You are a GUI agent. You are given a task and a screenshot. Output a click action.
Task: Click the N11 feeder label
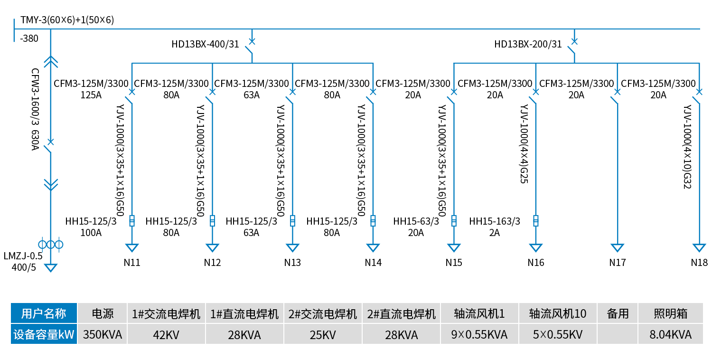(x=132, y=262)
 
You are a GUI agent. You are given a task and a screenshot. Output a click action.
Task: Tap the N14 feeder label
(x=373, y=262)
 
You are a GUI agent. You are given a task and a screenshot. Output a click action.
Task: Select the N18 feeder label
(x=699, y=262)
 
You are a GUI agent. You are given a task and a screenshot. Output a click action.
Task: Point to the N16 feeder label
(x=536, y=262)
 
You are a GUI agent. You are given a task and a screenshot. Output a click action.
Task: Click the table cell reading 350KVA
(x=103, y=335)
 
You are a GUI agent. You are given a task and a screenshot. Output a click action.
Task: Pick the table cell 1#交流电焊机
(x=166, y=314)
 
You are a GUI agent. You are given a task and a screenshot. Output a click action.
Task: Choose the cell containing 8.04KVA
(x=671, y=335)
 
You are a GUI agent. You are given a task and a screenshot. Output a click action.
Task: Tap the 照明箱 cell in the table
(x=671, y=314)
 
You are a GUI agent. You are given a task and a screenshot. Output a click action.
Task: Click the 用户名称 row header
(x=44, y=314)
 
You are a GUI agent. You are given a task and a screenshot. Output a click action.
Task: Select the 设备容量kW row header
(x=44, y=335)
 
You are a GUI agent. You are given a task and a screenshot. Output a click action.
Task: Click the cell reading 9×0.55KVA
(x=479, y=335)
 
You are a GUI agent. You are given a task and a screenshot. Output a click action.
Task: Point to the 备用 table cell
(x=618, y=314)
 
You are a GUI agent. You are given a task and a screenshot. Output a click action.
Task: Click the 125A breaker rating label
(x=91, y=95)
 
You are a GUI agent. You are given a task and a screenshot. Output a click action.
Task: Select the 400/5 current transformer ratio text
(x=24, y=267)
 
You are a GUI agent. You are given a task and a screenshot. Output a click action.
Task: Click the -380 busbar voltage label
(x=29, y=39)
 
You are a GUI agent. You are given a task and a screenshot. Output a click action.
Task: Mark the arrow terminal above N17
(x=617, y=248)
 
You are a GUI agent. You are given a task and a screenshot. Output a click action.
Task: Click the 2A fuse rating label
(x=495, y=233)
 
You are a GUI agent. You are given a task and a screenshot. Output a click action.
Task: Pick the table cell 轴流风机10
(x=558, y=314)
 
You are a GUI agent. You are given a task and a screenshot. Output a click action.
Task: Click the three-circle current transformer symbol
(x=50, y=245)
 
